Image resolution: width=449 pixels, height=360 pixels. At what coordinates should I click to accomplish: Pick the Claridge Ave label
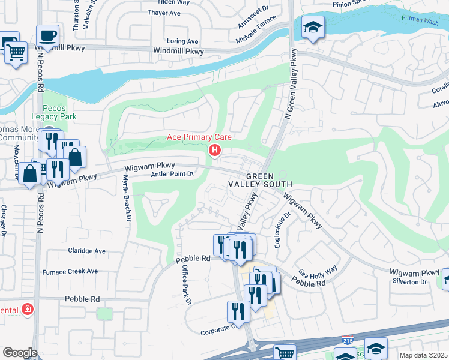(86, 251)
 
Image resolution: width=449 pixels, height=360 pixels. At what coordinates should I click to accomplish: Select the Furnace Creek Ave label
(70, 271)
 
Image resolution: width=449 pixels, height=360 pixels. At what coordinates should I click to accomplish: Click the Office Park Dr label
(185, 284)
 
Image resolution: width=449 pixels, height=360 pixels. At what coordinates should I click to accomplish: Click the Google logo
(20, 353)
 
